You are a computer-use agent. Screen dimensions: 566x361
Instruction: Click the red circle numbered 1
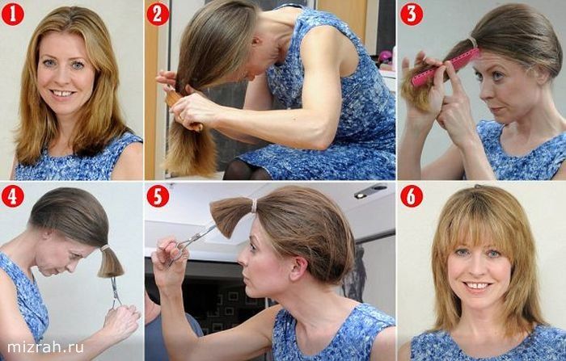(x=13, y=15)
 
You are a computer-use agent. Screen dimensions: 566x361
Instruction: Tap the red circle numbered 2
(x=158, y=15)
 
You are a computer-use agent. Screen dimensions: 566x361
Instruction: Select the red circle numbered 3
(x=412, y=15)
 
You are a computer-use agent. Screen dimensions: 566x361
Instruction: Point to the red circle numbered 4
(x=13, y=196)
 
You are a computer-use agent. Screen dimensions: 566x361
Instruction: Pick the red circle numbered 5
(x=158, y=196)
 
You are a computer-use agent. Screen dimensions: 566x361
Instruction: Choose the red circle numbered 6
(x=412, y=196)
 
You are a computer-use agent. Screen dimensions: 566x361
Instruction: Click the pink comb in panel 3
(x=446, y=68)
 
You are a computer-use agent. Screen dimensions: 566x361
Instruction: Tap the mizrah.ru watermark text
(x=45, y=347)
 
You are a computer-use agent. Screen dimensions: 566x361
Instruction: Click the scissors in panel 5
(x=188, y=246)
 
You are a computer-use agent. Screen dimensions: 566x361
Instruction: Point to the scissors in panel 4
(x=116, y=292)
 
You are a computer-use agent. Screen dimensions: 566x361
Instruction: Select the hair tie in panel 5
(x=254, y=206)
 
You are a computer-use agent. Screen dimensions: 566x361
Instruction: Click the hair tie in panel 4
(x=104, y=248)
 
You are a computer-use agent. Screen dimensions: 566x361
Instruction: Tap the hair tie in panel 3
(x=473, y=42)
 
